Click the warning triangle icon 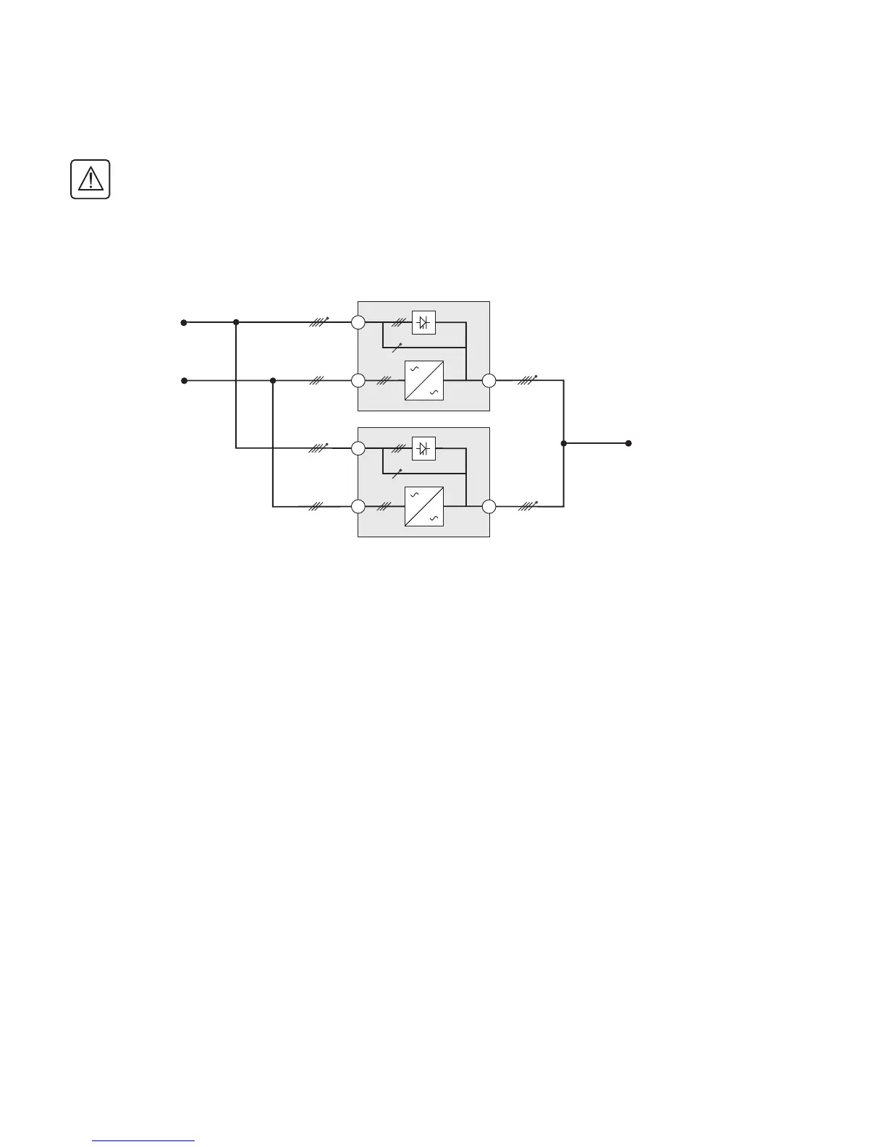(x=90, y=179)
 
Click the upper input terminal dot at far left (x=184, y=322)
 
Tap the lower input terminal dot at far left (x=184, y=380)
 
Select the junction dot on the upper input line (x=236, y=322)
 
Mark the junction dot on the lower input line (x=273, y=380)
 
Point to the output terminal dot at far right (x=628, y=443)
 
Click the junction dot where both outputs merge (x=563, y=443)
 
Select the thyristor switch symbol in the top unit (x=423, y=322)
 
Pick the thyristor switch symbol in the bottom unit (x=423, y=449)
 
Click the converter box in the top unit (x=423, y=380)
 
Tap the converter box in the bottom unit (x=423, y=506)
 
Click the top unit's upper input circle (x=358, y=322)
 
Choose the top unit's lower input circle (x=358, y=380)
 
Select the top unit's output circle (x=489, y=380)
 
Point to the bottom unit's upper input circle (x=358, y=449)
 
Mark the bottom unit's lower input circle (x=358, y=506)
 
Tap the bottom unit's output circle (x=489, y=506)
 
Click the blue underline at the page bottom (x=144, y=1140)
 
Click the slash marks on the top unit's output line (x=528, y=379)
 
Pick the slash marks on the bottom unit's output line (x=528, y=505)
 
